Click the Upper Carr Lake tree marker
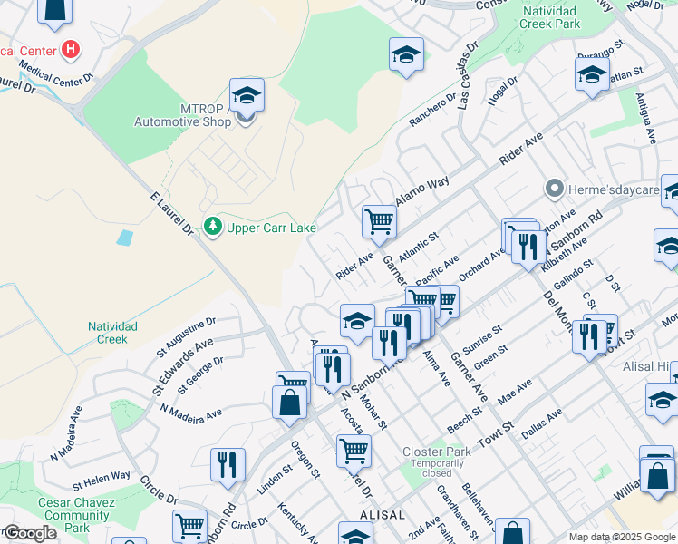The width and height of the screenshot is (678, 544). [212, 226]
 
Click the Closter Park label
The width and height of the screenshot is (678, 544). [437, 451]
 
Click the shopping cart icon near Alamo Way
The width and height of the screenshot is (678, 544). [379, 220]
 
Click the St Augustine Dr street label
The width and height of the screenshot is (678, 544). [186, 334]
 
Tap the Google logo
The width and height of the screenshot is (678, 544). [30, 533]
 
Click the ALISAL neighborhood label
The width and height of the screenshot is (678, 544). [382, 514]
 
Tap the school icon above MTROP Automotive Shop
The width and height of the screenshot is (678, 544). [247, 94]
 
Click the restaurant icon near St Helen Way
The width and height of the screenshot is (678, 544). [227, 464]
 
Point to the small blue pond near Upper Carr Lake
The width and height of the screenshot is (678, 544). [125, 238]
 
